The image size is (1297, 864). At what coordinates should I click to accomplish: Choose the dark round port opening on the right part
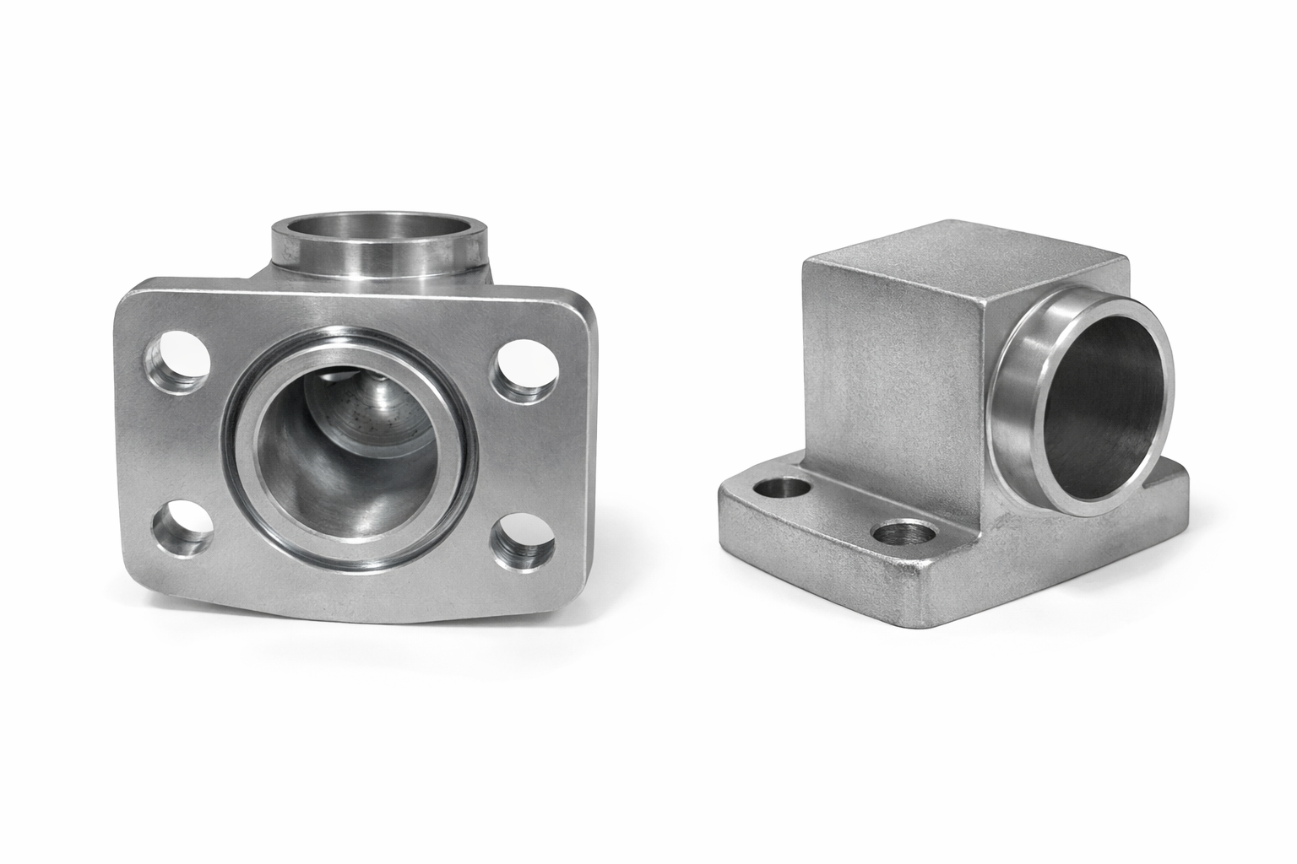point(1106,397)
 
